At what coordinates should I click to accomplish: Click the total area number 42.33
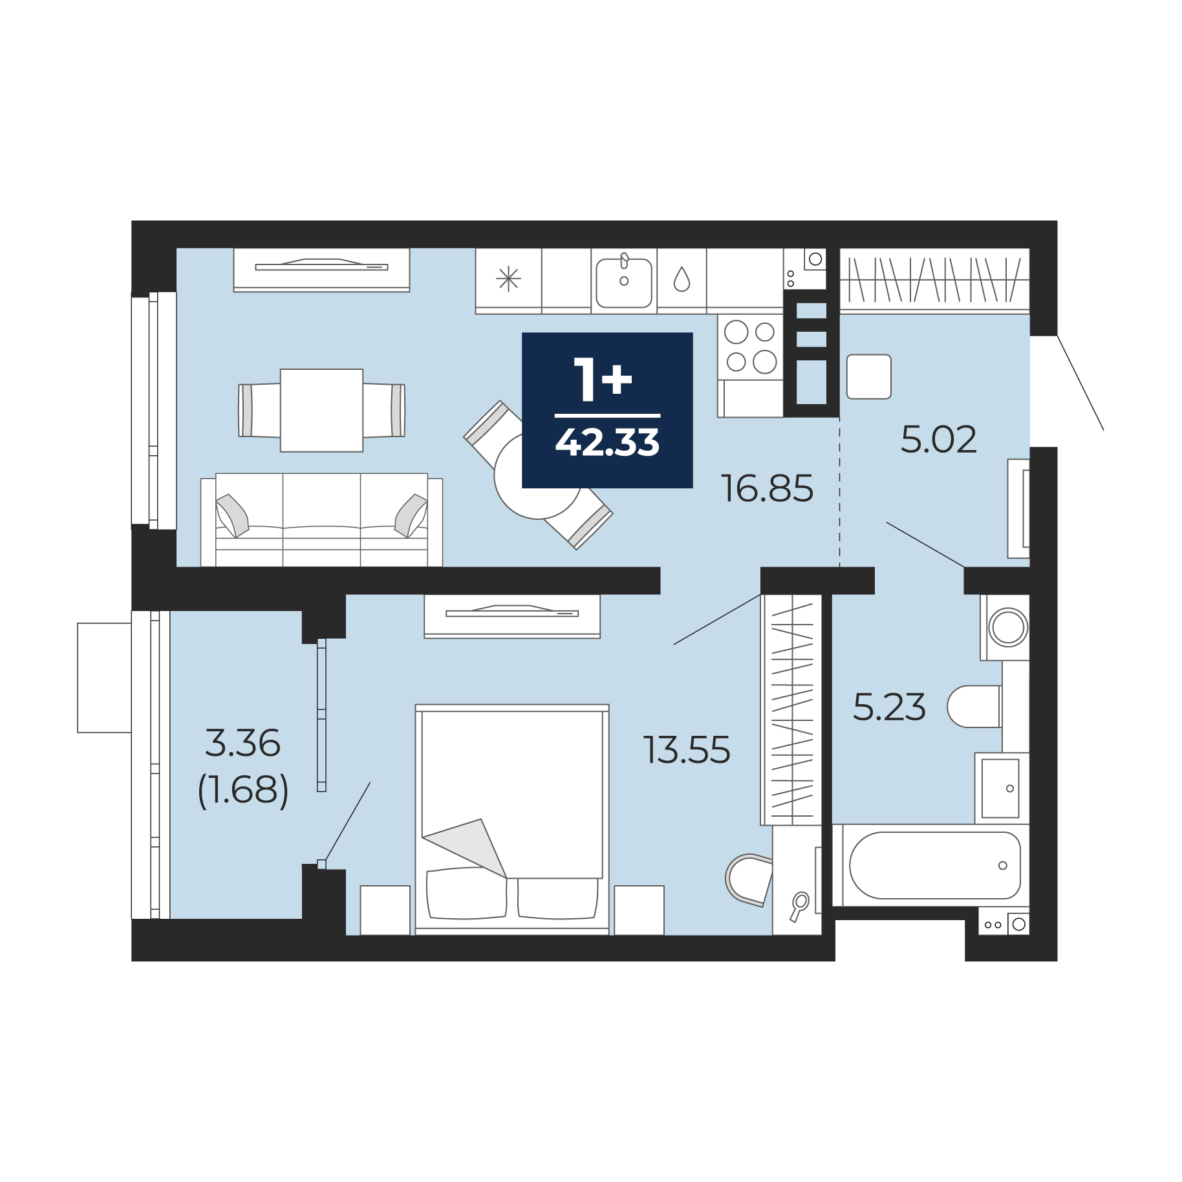[607, 443]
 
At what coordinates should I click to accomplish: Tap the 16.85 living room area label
[767, 488]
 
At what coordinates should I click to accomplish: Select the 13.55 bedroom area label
[687, 750]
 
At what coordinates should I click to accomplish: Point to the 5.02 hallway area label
[938, 440]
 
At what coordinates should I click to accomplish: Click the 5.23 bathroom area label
[889, 707]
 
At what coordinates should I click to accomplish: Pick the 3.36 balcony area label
[242, 743]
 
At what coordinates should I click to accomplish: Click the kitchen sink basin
[624, 283]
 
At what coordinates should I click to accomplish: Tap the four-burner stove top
[750, 347]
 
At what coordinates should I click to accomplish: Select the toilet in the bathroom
[975, 707]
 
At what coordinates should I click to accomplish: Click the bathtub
[934, 865]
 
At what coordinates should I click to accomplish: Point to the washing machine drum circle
[1009, 627]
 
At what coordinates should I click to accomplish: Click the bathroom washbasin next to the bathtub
[1000, 788]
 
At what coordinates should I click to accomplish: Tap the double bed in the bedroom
[512, 819]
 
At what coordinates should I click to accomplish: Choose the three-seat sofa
[321, 520]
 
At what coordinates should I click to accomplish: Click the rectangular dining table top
[321, 410]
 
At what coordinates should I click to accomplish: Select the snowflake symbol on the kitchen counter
[508, 279]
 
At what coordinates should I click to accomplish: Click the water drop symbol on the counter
[682, 279]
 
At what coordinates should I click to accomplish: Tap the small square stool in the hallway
[869, 376]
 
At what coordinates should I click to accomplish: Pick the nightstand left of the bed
[385, 910]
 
